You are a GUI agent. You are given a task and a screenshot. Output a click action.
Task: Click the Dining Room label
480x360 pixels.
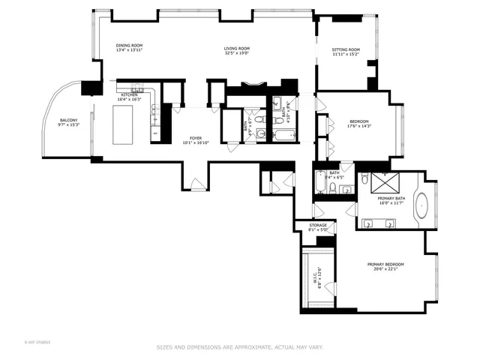[129, 47]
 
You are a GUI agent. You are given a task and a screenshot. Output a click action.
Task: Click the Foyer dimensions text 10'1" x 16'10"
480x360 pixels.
[195, 142]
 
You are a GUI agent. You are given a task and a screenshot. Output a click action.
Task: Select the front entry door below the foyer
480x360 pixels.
[194, 182]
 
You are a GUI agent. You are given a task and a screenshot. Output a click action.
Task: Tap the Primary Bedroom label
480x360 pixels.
[385, 266]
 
